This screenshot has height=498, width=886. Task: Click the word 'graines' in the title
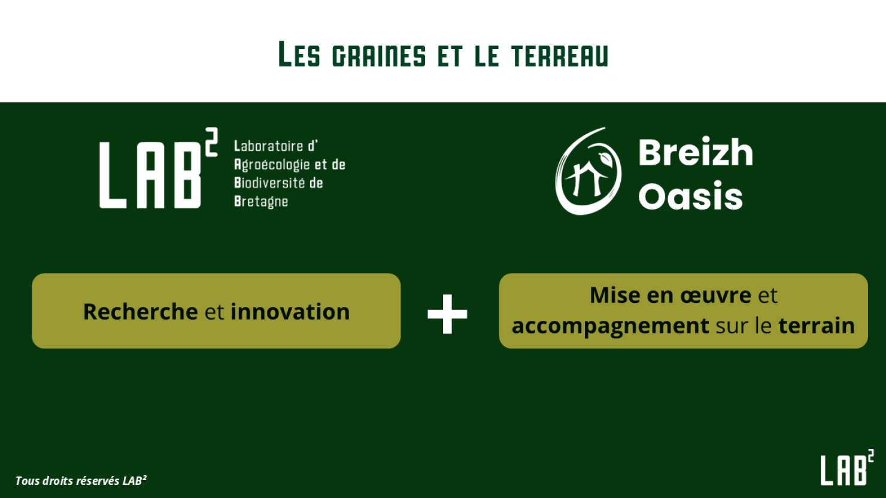(x=379, y=56)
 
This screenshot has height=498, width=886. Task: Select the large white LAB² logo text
(x=158, y=168)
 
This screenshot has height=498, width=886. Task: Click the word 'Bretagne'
(x=261, y=202)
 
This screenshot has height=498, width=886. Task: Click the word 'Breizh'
(x=696, y=153)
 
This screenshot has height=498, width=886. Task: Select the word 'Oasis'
(x=690, y=196)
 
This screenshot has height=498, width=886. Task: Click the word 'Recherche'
(x=141, y=312)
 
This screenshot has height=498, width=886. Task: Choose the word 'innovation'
(x=290, y=312)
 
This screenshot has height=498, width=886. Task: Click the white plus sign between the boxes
(x=447, y=314)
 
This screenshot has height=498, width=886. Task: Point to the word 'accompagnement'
(x=610, y=326)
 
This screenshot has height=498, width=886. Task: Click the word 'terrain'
(x=817, y=326)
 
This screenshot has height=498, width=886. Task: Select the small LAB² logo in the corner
(x=847, y=467)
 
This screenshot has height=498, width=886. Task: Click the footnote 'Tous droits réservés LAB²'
(x=81, y=480)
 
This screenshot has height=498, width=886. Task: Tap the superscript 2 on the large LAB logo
(x=211, y=142)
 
